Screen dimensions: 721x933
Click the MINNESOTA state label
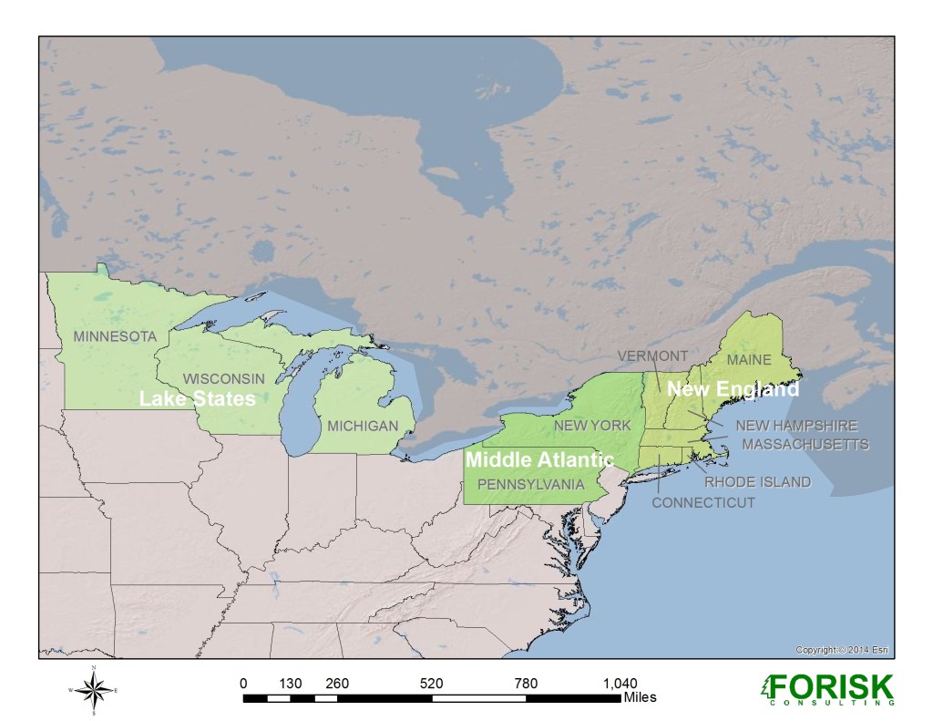pos(115,336)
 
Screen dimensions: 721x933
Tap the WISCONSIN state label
pos(223,378)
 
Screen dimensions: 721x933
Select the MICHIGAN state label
pos(363,426)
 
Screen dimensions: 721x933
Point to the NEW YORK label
pos(591,426)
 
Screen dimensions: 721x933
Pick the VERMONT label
pos(652,355)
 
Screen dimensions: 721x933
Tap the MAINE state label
pos(748,360)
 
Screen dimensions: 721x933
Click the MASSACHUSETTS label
pos(805,444)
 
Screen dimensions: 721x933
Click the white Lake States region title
pos(196,398)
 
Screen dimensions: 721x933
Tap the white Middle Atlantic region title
pos(539,460)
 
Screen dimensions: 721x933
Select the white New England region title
pos(733,389)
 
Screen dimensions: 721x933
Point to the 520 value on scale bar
pos(431,683)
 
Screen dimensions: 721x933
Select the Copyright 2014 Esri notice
pos(841,650)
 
